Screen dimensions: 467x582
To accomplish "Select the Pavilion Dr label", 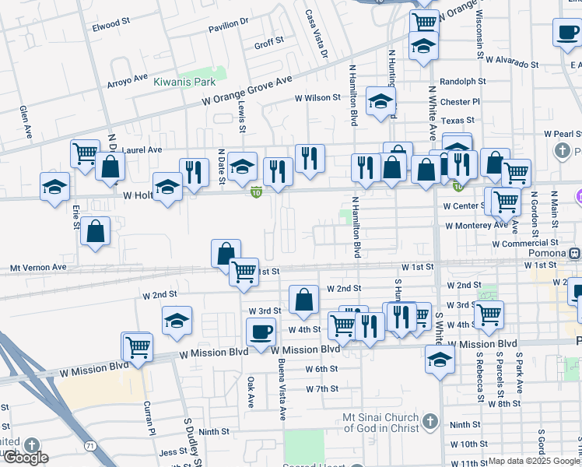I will pos(226,28).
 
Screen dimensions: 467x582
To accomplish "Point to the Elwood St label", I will pos(107,25).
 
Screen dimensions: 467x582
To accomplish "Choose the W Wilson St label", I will pos(317,98).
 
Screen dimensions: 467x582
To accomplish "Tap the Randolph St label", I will pos(462,81).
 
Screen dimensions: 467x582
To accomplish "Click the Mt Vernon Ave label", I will pos(38,267).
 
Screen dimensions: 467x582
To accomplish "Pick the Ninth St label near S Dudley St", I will pos(213,431).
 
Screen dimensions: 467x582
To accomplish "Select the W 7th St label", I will pos(322,388).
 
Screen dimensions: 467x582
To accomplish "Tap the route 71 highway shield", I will pos(90,445).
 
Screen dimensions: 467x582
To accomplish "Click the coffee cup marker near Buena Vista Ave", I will pos(261,332).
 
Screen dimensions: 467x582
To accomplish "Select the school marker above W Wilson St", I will pos(380,101).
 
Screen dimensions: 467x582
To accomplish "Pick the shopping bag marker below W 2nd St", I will pos(303,299).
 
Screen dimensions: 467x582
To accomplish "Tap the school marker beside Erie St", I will pos(54,187).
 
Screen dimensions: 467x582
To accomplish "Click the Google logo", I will pos(25,458).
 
